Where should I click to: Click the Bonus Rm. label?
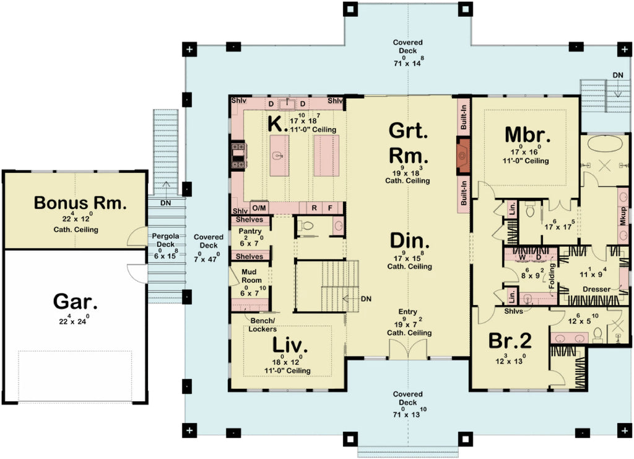click(x=80, y=203)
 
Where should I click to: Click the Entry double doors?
click(x=407, y=349)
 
